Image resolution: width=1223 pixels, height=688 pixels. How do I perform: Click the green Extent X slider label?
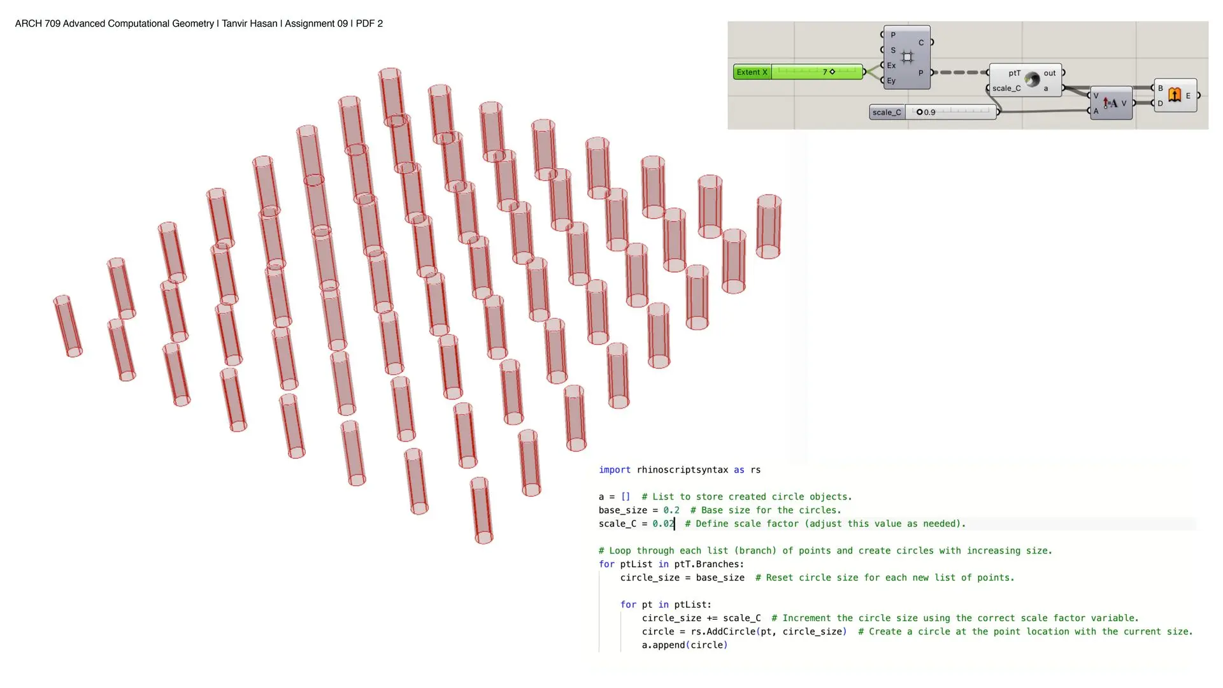tap(752, 72)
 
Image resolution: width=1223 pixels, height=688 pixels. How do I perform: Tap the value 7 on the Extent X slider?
tap(825, 72)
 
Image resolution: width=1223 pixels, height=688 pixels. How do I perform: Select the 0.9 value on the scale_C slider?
tap(929, 112)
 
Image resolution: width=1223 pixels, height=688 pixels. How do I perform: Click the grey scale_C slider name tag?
tap(887, 112)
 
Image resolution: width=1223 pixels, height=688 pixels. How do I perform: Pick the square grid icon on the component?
tap(907, 57)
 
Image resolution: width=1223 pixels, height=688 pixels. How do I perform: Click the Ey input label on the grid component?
tap(891, 81)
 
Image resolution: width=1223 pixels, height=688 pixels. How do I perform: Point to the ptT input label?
tap(1014, 73)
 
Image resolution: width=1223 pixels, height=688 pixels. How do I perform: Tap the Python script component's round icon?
tap(1033, 80)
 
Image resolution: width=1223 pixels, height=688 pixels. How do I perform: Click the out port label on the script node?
tap(1050, 73)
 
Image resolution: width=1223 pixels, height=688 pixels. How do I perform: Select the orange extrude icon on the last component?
tap(1175, 95)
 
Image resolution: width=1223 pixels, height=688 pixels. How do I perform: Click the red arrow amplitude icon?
tap(1110, 103)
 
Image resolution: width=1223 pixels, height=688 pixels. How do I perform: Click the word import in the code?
tap(615, 470)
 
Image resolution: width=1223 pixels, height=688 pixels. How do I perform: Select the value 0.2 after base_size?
tap(671, 510)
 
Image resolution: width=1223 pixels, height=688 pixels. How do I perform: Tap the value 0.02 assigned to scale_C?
tap(663, 524)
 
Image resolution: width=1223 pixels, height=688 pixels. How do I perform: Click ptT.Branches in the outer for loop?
tap(709, 564)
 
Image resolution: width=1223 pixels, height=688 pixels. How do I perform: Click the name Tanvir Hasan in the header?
tap(250, 24)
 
